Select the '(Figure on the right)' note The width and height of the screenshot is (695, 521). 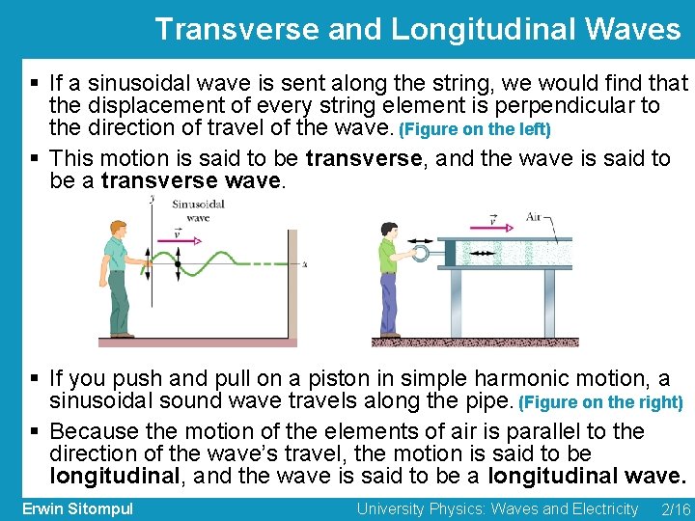[600, 401]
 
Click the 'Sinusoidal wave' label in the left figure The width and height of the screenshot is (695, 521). [198, 210]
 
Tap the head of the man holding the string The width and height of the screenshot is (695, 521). [117, 229]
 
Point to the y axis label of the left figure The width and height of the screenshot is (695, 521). [153, 199]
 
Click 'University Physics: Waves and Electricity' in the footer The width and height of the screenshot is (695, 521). [496, 508]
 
